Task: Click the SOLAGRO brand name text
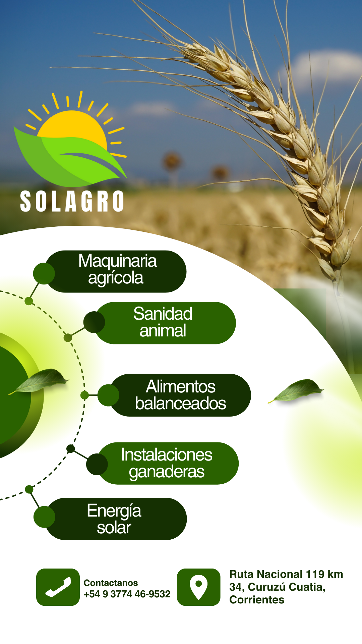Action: (72, 201)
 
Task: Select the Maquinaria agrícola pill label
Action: (116, 271)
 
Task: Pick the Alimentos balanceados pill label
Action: (180, 395)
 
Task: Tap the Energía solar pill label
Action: (116, 519)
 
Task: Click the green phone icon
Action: (58, 587)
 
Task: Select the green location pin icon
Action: (199, 587)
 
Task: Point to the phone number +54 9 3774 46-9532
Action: (127, 594)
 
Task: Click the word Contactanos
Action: (111, 583)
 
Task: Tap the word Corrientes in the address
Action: (257, 600)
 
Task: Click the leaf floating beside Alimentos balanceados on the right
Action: (296, 390)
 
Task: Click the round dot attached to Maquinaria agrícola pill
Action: (44, 274)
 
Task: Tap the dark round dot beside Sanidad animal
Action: (94, 322)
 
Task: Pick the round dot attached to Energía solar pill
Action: (44, 517)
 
